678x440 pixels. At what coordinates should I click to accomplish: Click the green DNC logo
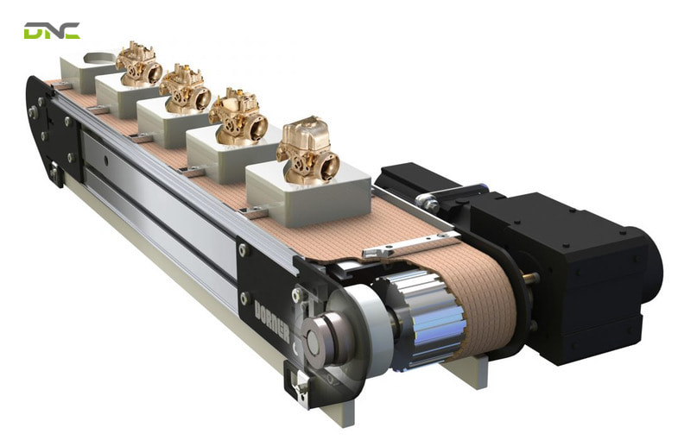pos(52,31)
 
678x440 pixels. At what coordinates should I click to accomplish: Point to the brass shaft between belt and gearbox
pos(529,278)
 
